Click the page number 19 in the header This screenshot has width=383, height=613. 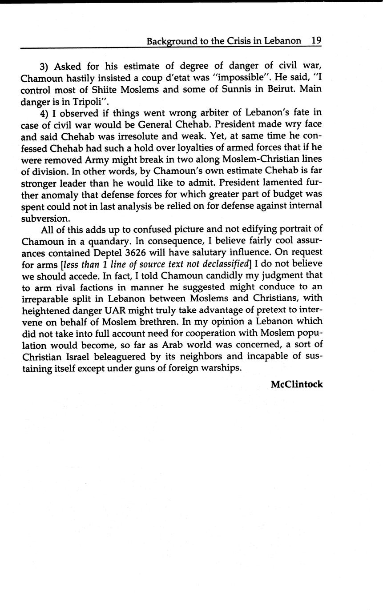tap(316, 41)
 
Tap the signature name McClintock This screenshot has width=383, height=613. tap(297, 384)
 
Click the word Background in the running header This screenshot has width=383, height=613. tap(172, 41)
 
